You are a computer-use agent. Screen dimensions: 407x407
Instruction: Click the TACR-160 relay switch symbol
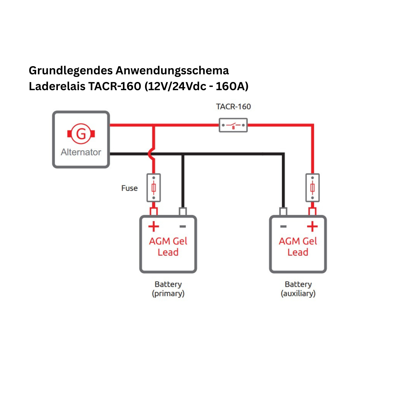click(233, 125)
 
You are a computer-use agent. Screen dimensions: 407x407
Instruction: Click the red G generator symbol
click(81, 134)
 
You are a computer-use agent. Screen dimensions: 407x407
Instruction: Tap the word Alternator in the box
click(81, 152)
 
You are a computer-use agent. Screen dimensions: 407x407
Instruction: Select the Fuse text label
click(129, 188)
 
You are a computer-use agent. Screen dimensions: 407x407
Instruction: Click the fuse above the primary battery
click(154, 188)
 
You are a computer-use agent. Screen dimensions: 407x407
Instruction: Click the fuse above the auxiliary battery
click(312, 188)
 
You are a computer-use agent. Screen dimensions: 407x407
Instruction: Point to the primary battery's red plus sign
click(154, 227)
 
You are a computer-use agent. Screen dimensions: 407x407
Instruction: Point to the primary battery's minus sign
click(183, 226)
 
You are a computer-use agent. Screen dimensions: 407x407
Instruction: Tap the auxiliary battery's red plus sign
click(312, 227)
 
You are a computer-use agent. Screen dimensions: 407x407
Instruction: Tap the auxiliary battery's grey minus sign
click(283, 226)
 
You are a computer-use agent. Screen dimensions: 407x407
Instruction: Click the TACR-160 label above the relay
click(233, 107)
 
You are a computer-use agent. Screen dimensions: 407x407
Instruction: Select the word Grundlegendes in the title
click(71, 71)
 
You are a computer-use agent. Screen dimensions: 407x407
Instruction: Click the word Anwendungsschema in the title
click(172, 71)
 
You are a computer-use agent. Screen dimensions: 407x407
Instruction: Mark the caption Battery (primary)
click(168, 289)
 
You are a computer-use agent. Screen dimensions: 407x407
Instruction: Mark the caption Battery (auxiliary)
click(298, 289)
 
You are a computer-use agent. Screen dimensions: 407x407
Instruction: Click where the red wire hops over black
click(152, 154)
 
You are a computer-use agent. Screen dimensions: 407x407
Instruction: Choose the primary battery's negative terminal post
click(183, 211)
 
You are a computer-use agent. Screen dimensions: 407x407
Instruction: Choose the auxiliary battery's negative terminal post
click(283, 211)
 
